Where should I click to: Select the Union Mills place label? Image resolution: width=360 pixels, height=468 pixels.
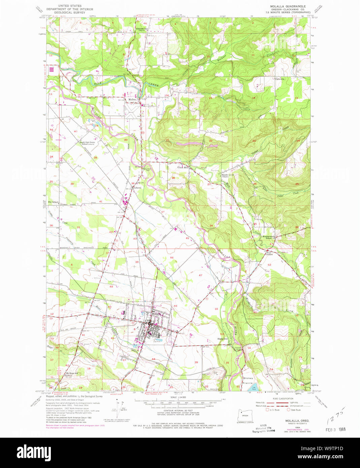point(184,167)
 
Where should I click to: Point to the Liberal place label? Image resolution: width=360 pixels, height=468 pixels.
point(137,188)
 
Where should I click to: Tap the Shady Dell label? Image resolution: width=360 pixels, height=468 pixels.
point(223,339)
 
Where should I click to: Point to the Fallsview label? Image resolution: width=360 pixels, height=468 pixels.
point(280,79)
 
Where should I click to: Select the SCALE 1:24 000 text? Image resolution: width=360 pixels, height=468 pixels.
point(178,397)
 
